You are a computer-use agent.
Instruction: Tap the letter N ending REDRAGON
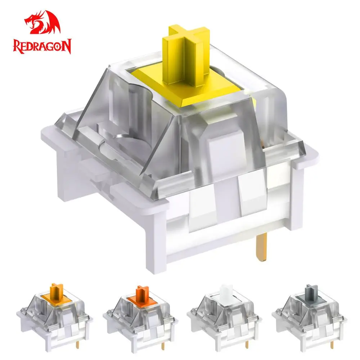coord(67,46)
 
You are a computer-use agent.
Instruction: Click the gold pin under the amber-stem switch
coord(78,344)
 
